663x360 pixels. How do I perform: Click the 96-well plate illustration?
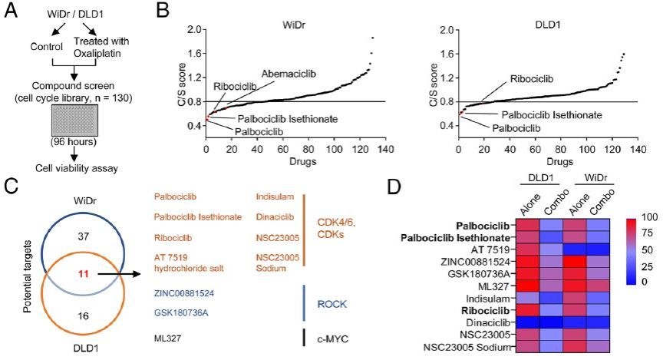coord(74,123)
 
